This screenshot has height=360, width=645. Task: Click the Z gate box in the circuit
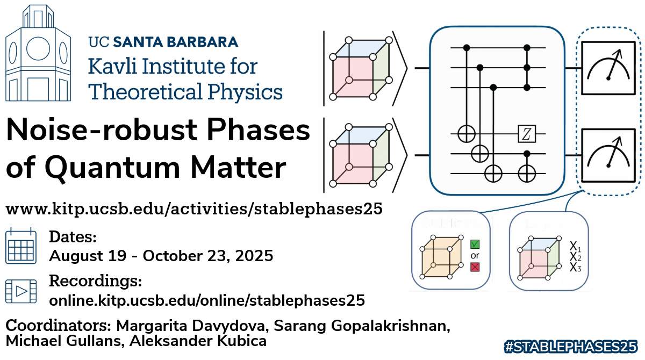(x=527, y=134)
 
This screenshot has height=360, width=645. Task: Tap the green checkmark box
(x=475, y=244)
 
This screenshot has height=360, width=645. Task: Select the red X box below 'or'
(x=475, y=268)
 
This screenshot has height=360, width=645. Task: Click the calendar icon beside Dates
(x=21, y=246)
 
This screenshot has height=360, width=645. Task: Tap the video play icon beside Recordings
(x=21, y=291)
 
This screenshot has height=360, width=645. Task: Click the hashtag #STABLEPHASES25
(x=571, y=347)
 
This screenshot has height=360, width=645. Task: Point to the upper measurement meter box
(x=608, y=68)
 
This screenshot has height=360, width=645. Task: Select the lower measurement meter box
(x=608, y=155)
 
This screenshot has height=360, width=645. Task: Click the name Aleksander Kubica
(x=198, y=341)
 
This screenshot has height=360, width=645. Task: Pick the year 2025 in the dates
(x=254, y=256)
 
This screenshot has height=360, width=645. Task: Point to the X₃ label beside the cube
(x=575, y=268)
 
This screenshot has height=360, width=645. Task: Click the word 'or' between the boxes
(x=475, y=256)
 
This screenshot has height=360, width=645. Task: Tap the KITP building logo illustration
(x=38, y=53)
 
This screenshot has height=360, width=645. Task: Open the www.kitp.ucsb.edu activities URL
(x=194, y=208)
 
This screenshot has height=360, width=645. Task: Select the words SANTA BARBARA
(x=176, y=42)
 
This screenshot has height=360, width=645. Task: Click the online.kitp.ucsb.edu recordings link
(x=207, y=300)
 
